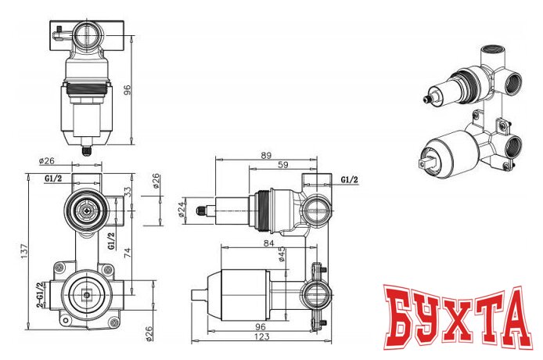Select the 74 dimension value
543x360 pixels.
pos(149,254)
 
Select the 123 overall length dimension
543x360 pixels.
pos(263,337)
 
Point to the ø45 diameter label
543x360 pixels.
pos(280,256)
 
